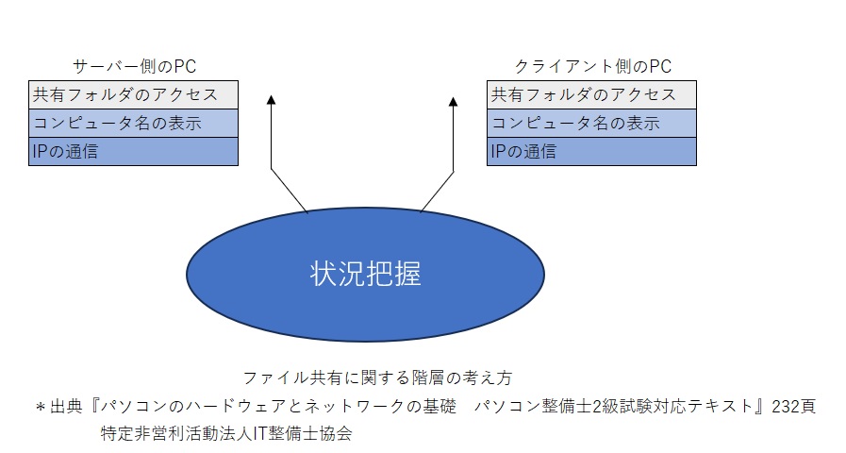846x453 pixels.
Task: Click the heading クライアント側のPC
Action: click(592, 66)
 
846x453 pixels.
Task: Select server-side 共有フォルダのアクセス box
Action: click(133, 95)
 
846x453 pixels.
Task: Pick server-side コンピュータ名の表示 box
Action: click(133, 124)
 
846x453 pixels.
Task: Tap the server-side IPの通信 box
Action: click(133, 151)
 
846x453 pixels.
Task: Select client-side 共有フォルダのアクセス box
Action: click(591, 95)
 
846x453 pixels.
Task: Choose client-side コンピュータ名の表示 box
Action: click(591, 124)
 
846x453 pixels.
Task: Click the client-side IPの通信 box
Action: click(591, 151)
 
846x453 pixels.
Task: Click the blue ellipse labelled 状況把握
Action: click(365, 273)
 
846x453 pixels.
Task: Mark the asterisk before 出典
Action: click(41, 408)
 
